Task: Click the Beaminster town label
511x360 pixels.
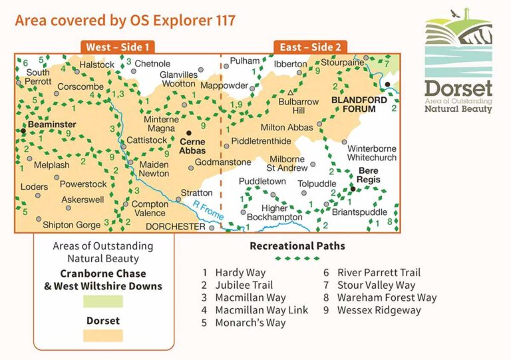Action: tap(51, 124)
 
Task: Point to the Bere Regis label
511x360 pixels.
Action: tap(368, 176)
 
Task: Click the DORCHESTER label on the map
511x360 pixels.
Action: tap(176, 226)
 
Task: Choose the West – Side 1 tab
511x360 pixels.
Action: tap(118, 47)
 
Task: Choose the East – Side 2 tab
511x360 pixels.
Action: tap(310, 47)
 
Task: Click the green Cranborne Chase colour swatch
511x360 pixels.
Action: tap(102, 301)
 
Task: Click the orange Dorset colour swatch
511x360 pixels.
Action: tap(102, 335)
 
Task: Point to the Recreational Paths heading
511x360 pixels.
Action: tap(297, 246)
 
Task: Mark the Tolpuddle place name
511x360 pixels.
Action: tap(317, 184)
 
